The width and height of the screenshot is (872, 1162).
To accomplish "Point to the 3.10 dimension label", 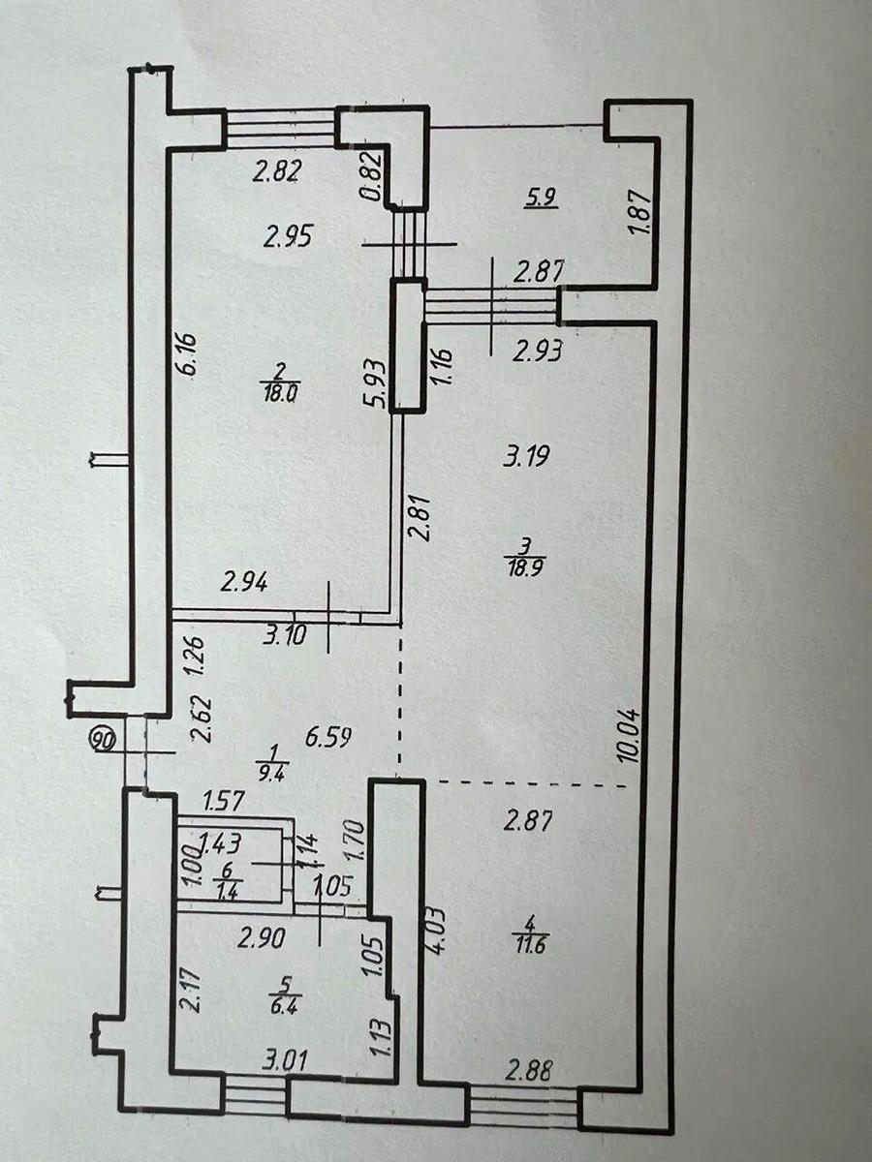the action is tap(285, 634).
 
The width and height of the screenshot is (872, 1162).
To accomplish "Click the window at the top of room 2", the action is tap(281, 128).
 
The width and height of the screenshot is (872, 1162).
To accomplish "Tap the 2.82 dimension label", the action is tap(277, 171).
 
